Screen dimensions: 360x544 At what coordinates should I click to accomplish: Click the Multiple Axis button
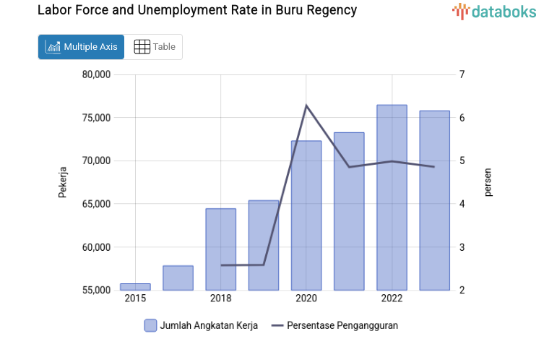click(x=81, y=47)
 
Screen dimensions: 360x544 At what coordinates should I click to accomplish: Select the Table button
click(x=154, y=47)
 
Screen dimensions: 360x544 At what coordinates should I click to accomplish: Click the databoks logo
click(x=494, y=11)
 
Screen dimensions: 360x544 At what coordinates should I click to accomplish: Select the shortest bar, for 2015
click(x=135, y=287)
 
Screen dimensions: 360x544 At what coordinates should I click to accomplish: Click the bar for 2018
click(x=220, y=249)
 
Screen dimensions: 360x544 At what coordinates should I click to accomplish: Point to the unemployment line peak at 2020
click(x=306, y=106)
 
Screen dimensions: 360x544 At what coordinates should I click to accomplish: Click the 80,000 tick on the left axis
click(x=95, y=74)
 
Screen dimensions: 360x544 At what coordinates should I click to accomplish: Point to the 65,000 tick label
click(x=95, y=204)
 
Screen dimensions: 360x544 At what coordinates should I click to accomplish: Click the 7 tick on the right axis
click(x=462, y=74)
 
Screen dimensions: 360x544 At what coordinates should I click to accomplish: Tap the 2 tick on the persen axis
click(x=462, y=291)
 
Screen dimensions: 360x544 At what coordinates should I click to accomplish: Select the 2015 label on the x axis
click(x=135, y=299)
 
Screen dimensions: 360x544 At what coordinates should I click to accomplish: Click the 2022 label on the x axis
click(x=392, y=299)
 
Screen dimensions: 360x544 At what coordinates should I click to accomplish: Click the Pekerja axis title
click(x=63, y=182)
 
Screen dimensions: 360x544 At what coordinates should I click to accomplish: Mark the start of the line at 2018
click(x=221, y=265)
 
